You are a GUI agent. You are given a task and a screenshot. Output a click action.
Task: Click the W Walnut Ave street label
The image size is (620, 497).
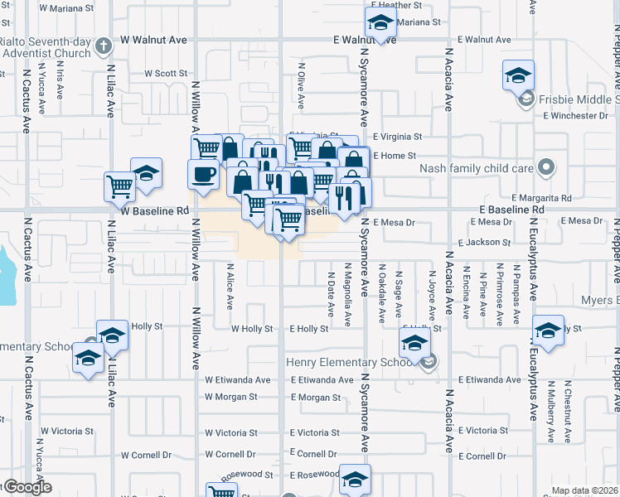coord(154,40)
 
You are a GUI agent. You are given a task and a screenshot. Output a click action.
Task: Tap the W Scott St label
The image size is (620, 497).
coord(166,74)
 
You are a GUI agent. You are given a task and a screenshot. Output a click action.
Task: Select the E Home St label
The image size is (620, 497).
coord(394,156)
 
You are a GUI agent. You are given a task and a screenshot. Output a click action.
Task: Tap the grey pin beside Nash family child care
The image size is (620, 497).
coord(545,168)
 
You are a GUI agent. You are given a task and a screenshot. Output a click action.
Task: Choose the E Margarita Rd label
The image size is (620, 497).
coord(541,198)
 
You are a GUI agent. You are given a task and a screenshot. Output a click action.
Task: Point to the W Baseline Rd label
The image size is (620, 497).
coord(155,211)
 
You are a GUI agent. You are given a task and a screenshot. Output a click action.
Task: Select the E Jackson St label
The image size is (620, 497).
coord(485,243)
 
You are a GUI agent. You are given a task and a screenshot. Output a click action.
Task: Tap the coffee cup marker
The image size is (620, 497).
coord(204,174)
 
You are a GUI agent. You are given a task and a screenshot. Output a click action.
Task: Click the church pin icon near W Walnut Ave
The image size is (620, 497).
coord(104,46)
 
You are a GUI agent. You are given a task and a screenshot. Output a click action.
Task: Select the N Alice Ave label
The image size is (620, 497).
coord(230,282)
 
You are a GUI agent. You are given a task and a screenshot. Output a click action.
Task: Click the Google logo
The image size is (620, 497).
coord(27,487)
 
